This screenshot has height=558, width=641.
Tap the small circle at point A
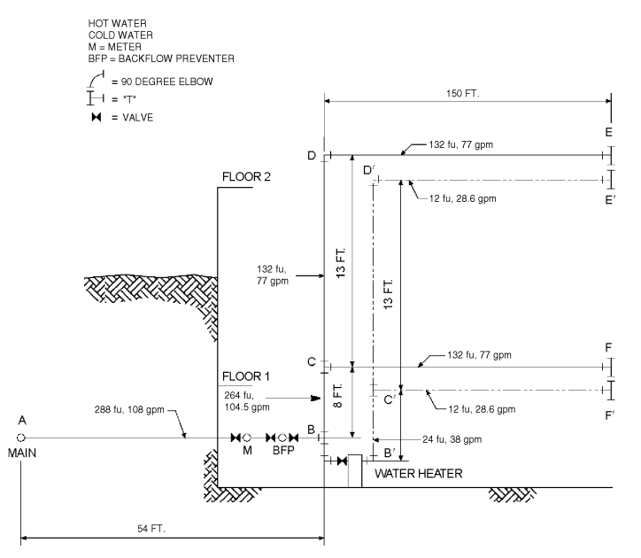click(x=21, y=438)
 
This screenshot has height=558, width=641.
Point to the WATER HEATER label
click(x=418, y=474)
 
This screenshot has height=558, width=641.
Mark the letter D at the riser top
click(x=312, y=156)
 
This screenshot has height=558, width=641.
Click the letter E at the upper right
click(x=609, y=132)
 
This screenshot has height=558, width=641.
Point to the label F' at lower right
click(x=610, y=415)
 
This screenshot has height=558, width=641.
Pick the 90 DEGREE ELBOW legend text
click(x=163, y=81)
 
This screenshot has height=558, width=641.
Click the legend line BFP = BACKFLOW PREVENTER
click(x=161, y=58)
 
